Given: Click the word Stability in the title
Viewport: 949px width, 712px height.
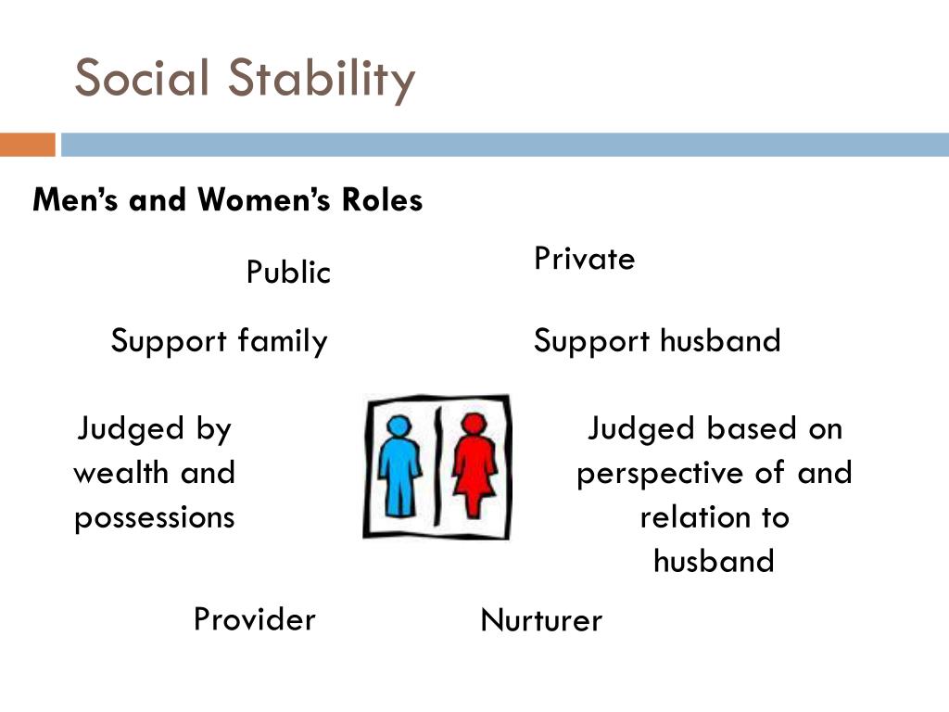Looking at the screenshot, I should (x=322, y=80).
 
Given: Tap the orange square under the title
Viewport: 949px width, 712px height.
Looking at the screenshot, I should (x=27, y=145).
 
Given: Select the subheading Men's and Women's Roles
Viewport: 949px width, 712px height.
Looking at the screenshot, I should (x=227, y=199).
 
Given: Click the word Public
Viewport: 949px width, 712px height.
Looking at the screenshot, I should (x=288, y=273).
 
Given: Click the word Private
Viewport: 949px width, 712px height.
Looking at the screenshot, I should (x=584, y=259).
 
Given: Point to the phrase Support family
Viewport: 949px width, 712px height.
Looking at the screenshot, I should (x=219, y=341).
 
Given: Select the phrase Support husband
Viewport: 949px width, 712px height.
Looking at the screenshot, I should (x=657, y=341).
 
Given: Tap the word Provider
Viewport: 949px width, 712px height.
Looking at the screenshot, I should (x=254, y=618).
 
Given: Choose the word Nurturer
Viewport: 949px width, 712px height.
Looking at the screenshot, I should (x=541, y=620).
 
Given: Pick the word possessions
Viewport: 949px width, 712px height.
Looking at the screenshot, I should (x=155, y=516).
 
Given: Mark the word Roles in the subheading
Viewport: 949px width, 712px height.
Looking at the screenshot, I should (x=383, y=199).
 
